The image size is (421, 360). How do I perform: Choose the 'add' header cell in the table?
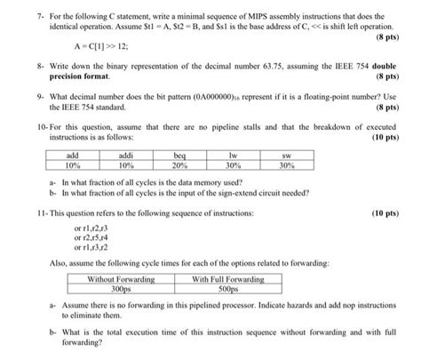(74, 155)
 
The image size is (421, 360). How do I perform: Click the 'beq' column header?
(184, 155)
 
